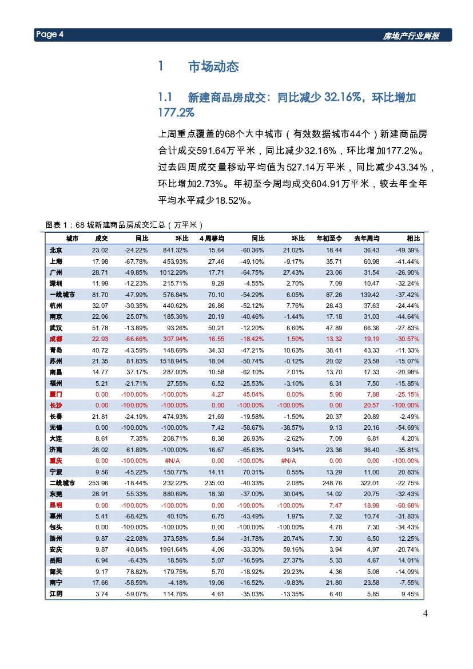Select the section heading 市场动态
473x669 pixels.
[213, 67]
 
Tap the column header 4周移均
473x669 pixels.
[212, 239]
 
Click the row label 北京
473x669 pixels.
[56, 250]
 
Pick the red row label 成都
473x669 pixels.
[56, 339]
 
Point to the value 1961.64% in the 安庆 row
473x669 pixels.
[174, 549]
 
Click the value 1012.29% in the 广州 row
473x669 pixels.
[174, 272]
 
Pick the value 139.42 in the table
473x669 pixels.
[368, 295]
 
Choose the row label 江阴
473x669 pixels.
[56, 594]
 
